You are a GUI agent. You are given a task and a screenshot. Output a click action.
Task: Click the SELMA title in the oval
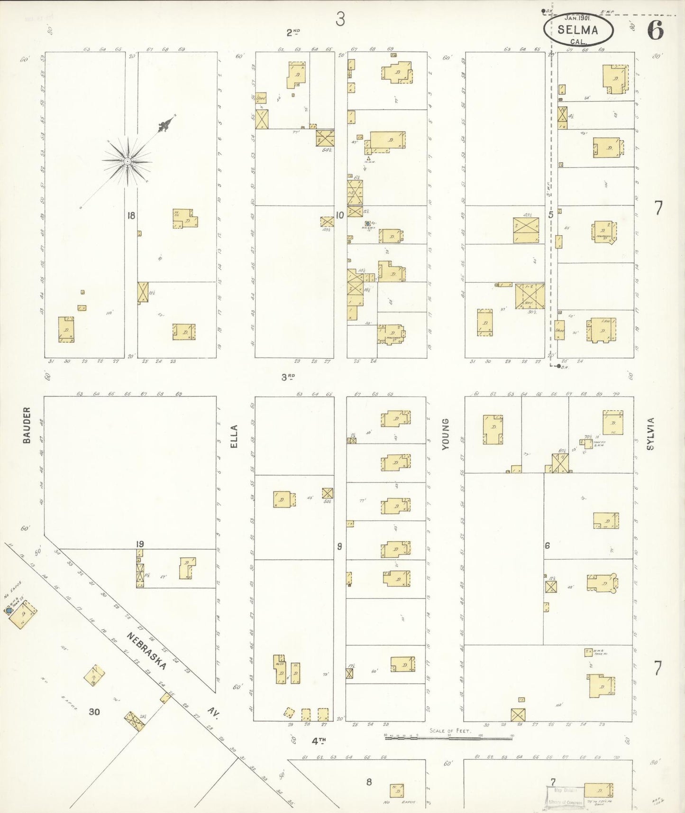tap(577, 29)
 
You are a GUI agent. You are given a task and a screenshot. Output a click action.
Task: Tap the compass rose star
tap(127, 161)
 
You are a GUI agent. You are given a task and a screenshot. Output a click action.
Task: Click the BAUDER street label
tap(27, 425)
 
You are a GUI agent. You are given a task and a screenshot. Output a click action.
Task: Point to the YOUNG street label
tap(446, 434)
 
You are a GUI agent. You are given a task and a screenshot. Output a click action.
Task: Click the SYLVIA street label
tap(650, 433)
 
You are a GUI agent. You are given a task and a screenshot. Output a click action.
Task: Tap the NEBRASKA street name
tap(147, 650)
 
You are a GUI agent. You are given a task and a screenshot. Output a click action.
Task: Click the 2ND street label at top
tap(293, 32)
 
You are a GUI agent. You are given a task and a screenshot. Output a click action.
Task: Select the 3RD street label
tap(288, 377)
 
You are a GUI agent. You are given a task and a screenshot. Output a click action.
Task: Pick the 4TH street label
tap(319, 740)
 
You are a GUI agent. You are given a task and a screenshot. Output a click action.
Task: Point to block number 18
tap(131, 216)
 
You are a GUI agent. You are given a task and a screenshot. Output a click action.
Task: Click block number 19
tap(139, 544)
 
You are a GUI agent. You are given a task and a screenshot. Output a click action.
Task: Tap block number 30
tap(94, 711)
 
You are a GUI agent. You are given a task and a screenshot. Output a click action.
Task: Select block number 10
tap(339, 215)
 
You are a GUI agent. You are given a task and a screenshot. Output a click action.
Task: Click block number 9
tap(339, 546)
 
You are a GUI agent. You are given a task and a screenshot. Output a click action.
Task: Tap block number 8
tap(369, 782)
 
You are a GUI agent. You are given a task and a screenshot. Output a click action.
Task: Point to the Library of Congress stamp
tap(564, 796)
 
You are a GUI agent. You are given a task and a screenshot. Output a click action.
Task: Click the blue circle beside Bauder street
tap(9, 610)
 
